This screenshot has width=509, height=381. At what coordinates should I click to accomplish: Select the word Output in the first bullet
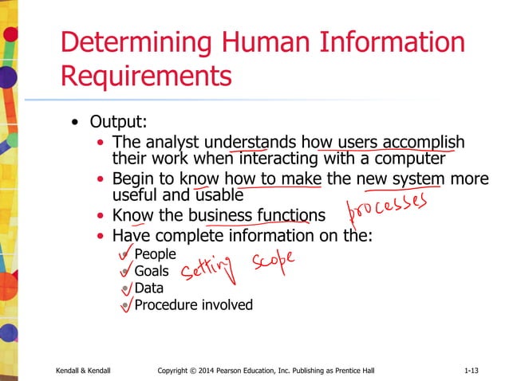coord(114,123)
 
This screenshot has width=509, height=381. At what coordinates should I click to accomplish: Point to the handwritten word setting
coord(208,271)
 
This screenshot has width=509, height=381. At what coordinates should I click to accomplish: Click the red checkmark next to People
coord(124,253)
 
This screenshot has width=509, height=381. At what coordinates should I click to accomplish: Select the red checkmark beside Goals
coord(124,271)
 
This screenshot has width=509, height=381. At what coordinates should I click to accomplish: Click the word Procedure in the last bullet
coord(164,304)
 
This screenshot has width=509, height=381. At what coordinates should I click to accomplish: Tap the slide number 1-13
coord(472,371)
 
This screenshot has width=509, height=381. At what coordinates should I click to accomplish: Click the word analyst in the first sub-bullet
coord(165,142)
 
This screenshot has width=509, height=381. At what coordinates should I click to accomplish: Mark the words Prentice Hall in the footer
coord(355,371)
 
